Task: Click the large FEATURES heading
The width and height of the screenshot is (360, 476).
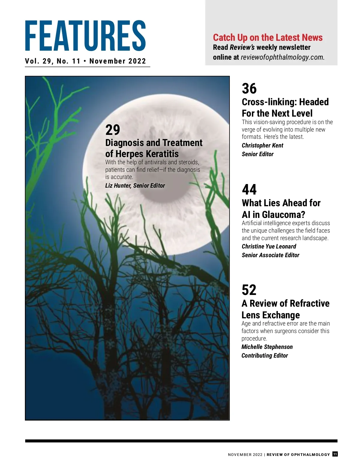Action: pyautogui.click(x=85, y=36)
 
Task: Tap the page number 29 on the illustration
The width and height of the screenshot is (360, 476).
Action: pyautogui.click(x=112, y=130)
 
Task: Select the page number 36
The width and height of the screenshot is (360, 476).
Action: pyautogui.click(x=249, y=89)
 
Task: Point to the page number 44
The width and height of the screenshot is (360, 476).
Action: pyautogui.click(x=249, y=189)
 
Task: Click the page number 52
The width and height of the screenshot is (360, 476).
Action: pyautogui.click(x=249, y=290)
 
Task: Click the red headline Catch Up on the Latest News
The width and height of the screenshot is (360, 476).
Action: pyautogui.click(x=268, y=37)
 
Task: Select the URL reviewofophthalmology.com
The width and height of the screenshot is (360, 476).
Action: pyautogui.click(x=282, y=57)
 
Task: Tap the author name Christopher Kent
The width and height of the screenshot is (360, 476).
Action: pyautogui.click(x=262, y=145)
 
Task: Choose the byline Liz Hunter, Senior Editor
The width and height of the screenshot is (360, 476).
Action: pyautogui.click(x=135, y=186)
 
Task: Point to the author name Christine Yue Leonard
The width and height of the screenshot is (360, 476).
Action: pyautogui.click(x=269, y=246)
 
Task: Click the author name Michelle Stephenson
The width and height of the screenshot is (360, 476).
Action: pyautogui.click(x=267, y=347)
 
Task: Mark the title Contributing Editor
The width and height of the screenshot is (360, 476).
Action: pyautogui.click(x=265, y=356)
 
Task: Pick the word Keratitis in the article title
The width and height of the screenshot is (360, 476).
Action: pyautogui.click(x=162, y=154)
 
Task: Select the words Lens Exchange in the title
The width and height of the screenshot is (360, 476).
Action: pyautogui.click(x=271, y=315)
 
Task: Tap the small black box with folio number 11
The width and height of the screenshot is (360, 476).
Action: pyautogui.click(x=335, y=454)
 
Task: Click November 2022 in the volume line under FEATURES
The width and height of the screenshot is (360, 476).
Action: pyautogui.click(x=118, y=61)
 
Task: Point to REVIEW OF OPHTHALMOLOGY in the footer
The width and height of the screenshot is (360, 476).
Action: pyautogui.click(x=298, y=454)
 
